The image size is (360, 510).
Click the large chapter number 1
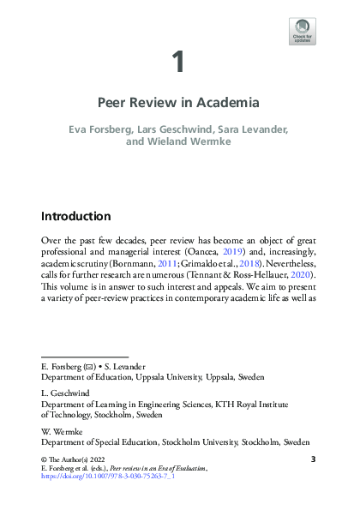pyautogui.click(x=179, y=62)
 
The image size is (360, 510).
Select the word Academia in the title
pyautogui.click(x=229, y=103)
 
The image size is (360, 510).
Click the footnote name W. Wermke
pyautogui.click(x=60, y=432)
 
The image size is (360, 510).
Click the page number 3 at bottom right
pyautogui.click(x=313, y=460)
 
